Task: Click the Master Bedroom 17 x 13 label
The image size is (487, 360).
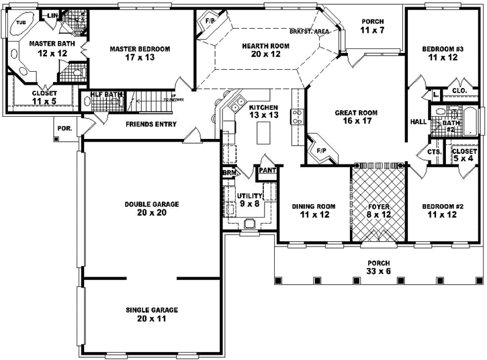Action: coord(140,53)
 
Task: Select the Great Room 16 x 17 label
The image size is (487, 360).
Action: coord(356,118)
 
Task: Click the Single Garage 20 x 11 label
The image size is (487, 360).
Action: coord(151,314)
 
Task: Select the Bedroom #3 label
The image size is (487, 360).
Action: coord(443,53)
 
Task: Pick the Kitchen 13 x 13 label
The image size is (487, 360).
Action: coord(263,111)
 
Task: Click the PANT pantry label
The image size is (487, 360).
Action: coord(267,171)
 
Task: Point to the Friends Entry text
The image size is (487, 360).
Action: coord(151,124)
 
